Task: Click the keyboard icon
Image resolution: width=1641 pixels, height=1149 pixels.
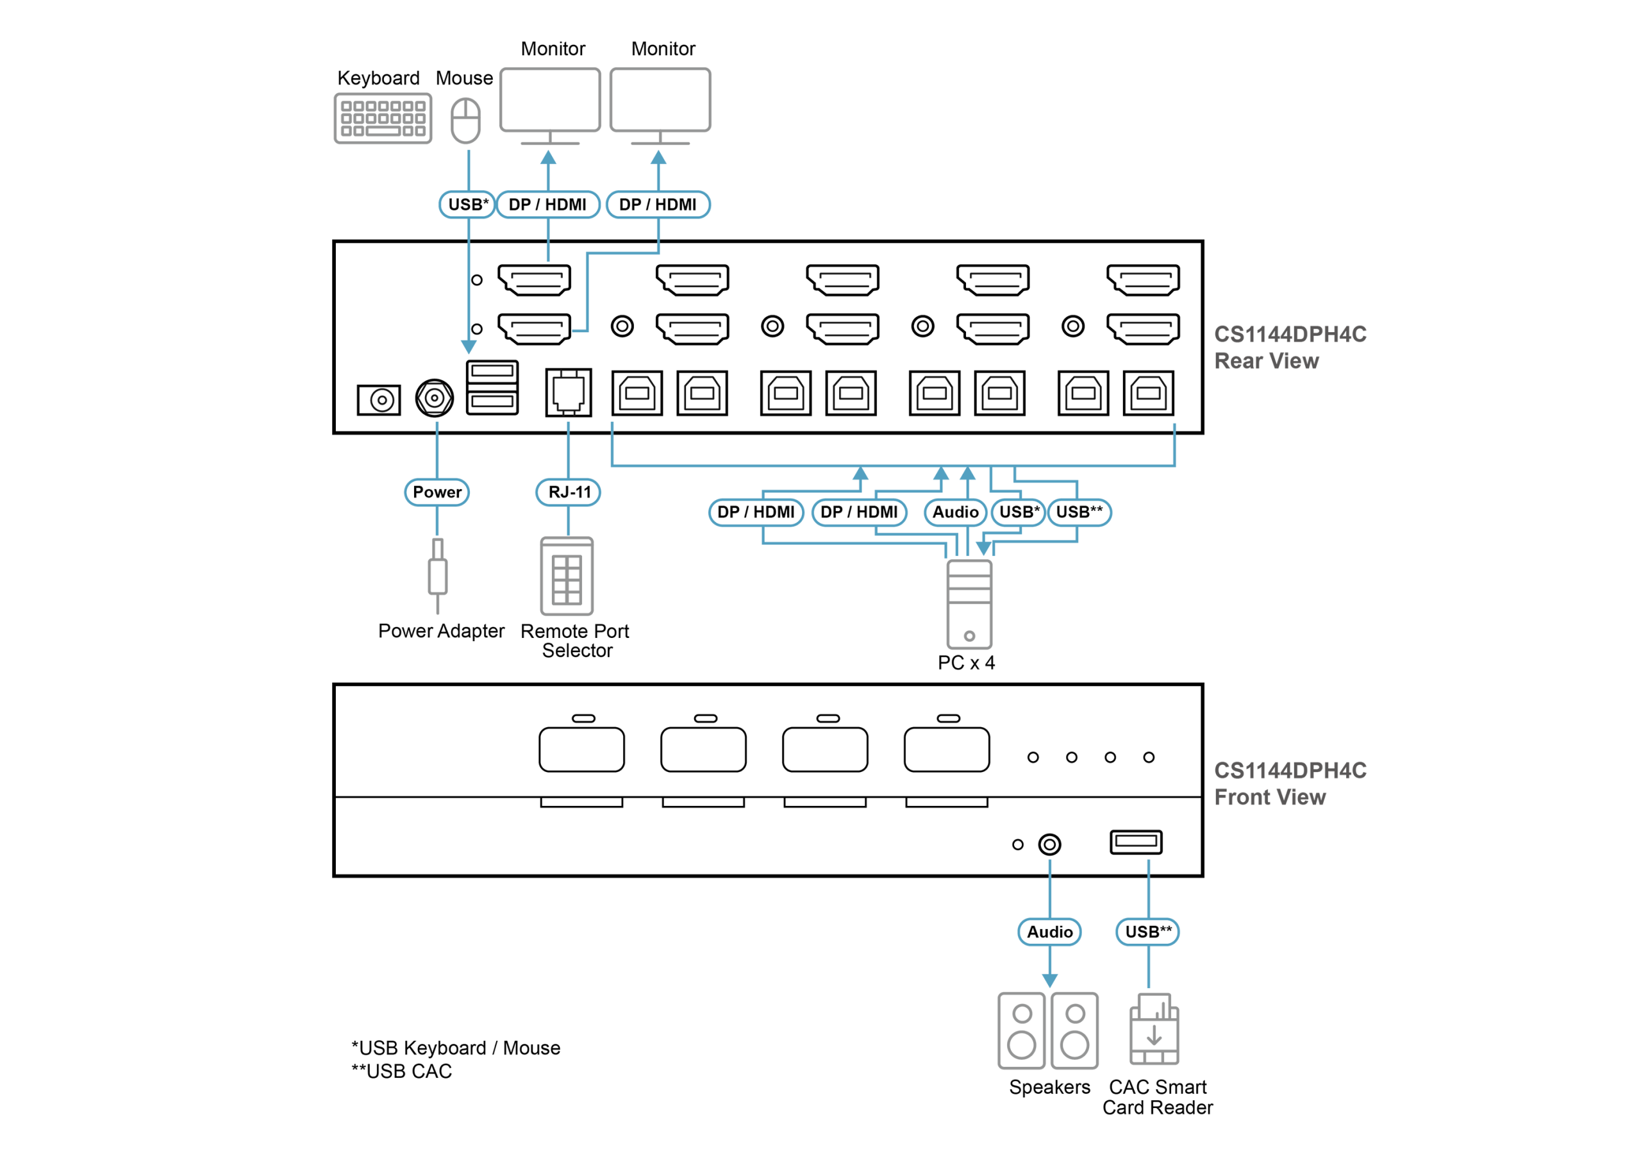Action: pyautogui.click(x=383, y=118)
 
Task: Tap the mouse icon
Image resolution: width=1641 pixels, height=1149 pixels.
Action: pyautogui.click(x=466, y=120)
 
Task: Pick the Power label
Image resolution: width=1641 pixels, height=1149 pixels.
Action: pyautogui.click(x=437, y=492)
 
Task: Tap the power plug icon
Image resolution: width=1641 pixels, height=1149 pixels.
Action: pyautogui.click(x=437, y=575)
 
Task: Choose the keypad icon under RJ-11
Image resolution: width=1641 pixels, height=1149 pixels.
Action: pyautogui.click(x=567, y=576)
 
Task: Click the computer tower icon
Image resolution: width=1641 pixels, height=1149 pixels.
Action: pyautogui.click(x=969, y=604)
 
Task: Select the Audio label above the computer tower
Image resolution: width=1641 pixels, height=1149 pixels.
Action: pyautogui.click(x=955, y=512)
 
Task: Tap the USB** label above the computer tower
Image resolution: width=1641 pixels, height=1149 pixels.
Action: pyautogui.click(x=1079, y=512)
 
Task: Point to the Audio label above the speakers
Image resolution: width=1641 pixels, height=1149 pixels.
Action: pyautogui.click(x=1049, y=932)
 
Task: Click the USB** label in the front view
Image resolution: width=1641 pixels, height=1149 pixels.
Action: pyautogui.click(x=1148, y=932)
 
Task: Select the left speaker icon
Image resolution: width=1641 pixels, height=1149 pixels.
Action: pyautogui.click(x=1021, y=1030)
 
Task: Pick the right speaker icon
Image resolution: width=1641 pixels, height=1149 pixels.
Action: pyautogui.click(x=1074, y=1030)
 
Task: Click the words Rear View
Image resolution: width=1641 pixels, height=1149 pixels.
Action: pyautogui.click(x=1267, y=361)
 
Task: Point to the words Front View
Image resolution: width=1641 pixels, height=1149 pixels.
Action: pyautogui.click(x=1270, y=797)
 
